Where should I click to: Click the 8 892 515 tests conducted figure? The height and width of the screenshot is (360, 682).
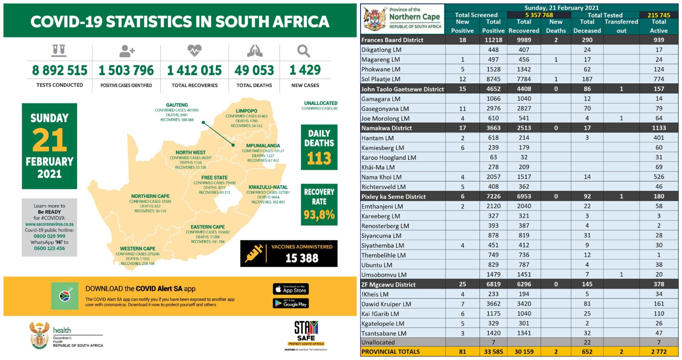tap(60, 71)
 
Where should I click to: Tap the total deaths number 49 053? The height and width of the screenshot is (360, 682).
tap(254, 71)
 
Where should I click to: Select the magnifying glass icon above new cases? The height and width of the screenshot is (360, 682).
tap(304, 51)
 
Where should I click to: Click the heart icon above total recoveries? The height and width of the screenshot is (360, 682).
tap(195, 51)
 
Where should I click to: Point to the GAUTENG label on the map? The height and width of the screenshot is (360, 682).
tap(177, 105)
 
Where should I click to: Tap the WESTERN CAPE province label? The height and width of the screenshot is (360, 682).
tap(138, 249)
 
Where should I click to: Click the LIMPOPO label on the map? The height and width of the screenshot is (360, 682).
tap(246, 111)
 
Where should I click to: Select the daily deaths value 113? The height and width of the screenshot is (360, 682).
tap(319, 159)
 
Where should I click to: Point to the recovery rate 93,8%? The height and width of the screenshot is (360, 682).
tap(319, 215)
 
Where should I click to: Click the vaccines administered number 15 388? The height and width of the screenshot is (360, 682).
tap(302, 258)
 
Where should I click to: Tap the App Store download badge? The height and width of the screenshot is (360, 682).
tap(291, 289)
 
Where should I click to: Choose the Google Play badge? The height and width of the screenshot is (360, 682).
tap(291, 303)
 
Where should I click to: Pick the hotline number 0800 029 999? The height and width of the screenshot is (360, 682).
tap(49, 236)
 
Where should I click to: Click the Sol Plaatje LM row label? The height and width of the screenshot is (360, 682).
tap(381, 79)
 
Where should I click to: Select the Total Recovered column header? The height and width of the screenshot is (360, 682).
tap(524, 26)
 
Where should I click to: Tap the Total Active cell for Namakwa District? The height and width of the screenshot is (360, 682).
tap(659, 128)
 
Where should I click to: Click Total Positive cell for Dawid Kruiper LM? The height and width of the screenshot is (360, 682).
tap(493, 304)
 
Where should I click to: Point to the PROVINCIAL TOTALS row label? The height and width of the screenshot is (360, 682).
tap(391, 352)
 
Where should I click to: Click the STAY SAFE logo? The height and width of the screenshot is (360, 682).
tap(306, 333)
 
